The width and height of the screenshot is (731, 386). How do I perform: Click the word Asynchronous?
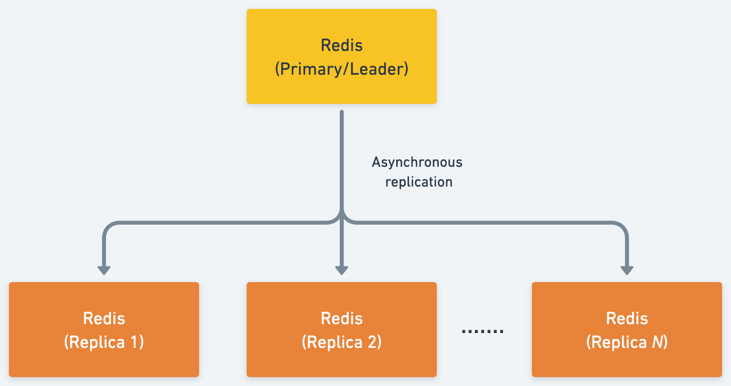tap(417, 162)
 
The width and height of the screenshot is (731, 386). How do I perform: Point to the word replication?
tap(418, 182)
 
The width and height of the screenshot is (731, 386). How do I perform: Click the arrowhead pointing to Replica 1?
tap(104, 270)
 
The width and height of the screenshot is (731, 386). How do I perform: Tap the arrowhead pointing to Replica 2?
tap(342, 270)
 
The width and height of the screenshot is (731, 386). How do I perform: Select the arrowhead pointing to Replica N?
tap(627, 270)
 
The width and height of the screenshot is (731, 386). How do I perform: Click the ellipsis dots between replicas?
tap(482, 331)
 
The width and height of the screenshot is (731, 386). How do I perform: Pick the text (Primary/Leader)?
tap(342, 69)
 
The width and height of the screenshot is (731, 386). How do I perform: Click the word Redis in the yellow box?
tap(342, 46)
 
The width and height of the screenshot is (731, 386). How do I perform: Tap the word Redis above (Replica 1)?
tap(104, 318)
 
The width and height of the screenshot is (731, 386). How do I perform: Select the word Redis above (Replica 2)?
tap(342, 318)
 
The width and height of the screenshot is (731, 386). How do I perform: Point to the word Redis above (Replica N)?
tap(627, 318)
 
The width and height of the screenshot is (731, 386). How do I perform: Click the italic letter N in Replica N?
tap(658, 342)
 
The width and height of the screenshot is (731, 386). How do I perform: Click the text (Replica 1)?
tap(104, 342)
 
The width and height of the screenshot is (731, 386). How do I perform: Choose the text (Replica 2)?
tap(342, 342)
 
